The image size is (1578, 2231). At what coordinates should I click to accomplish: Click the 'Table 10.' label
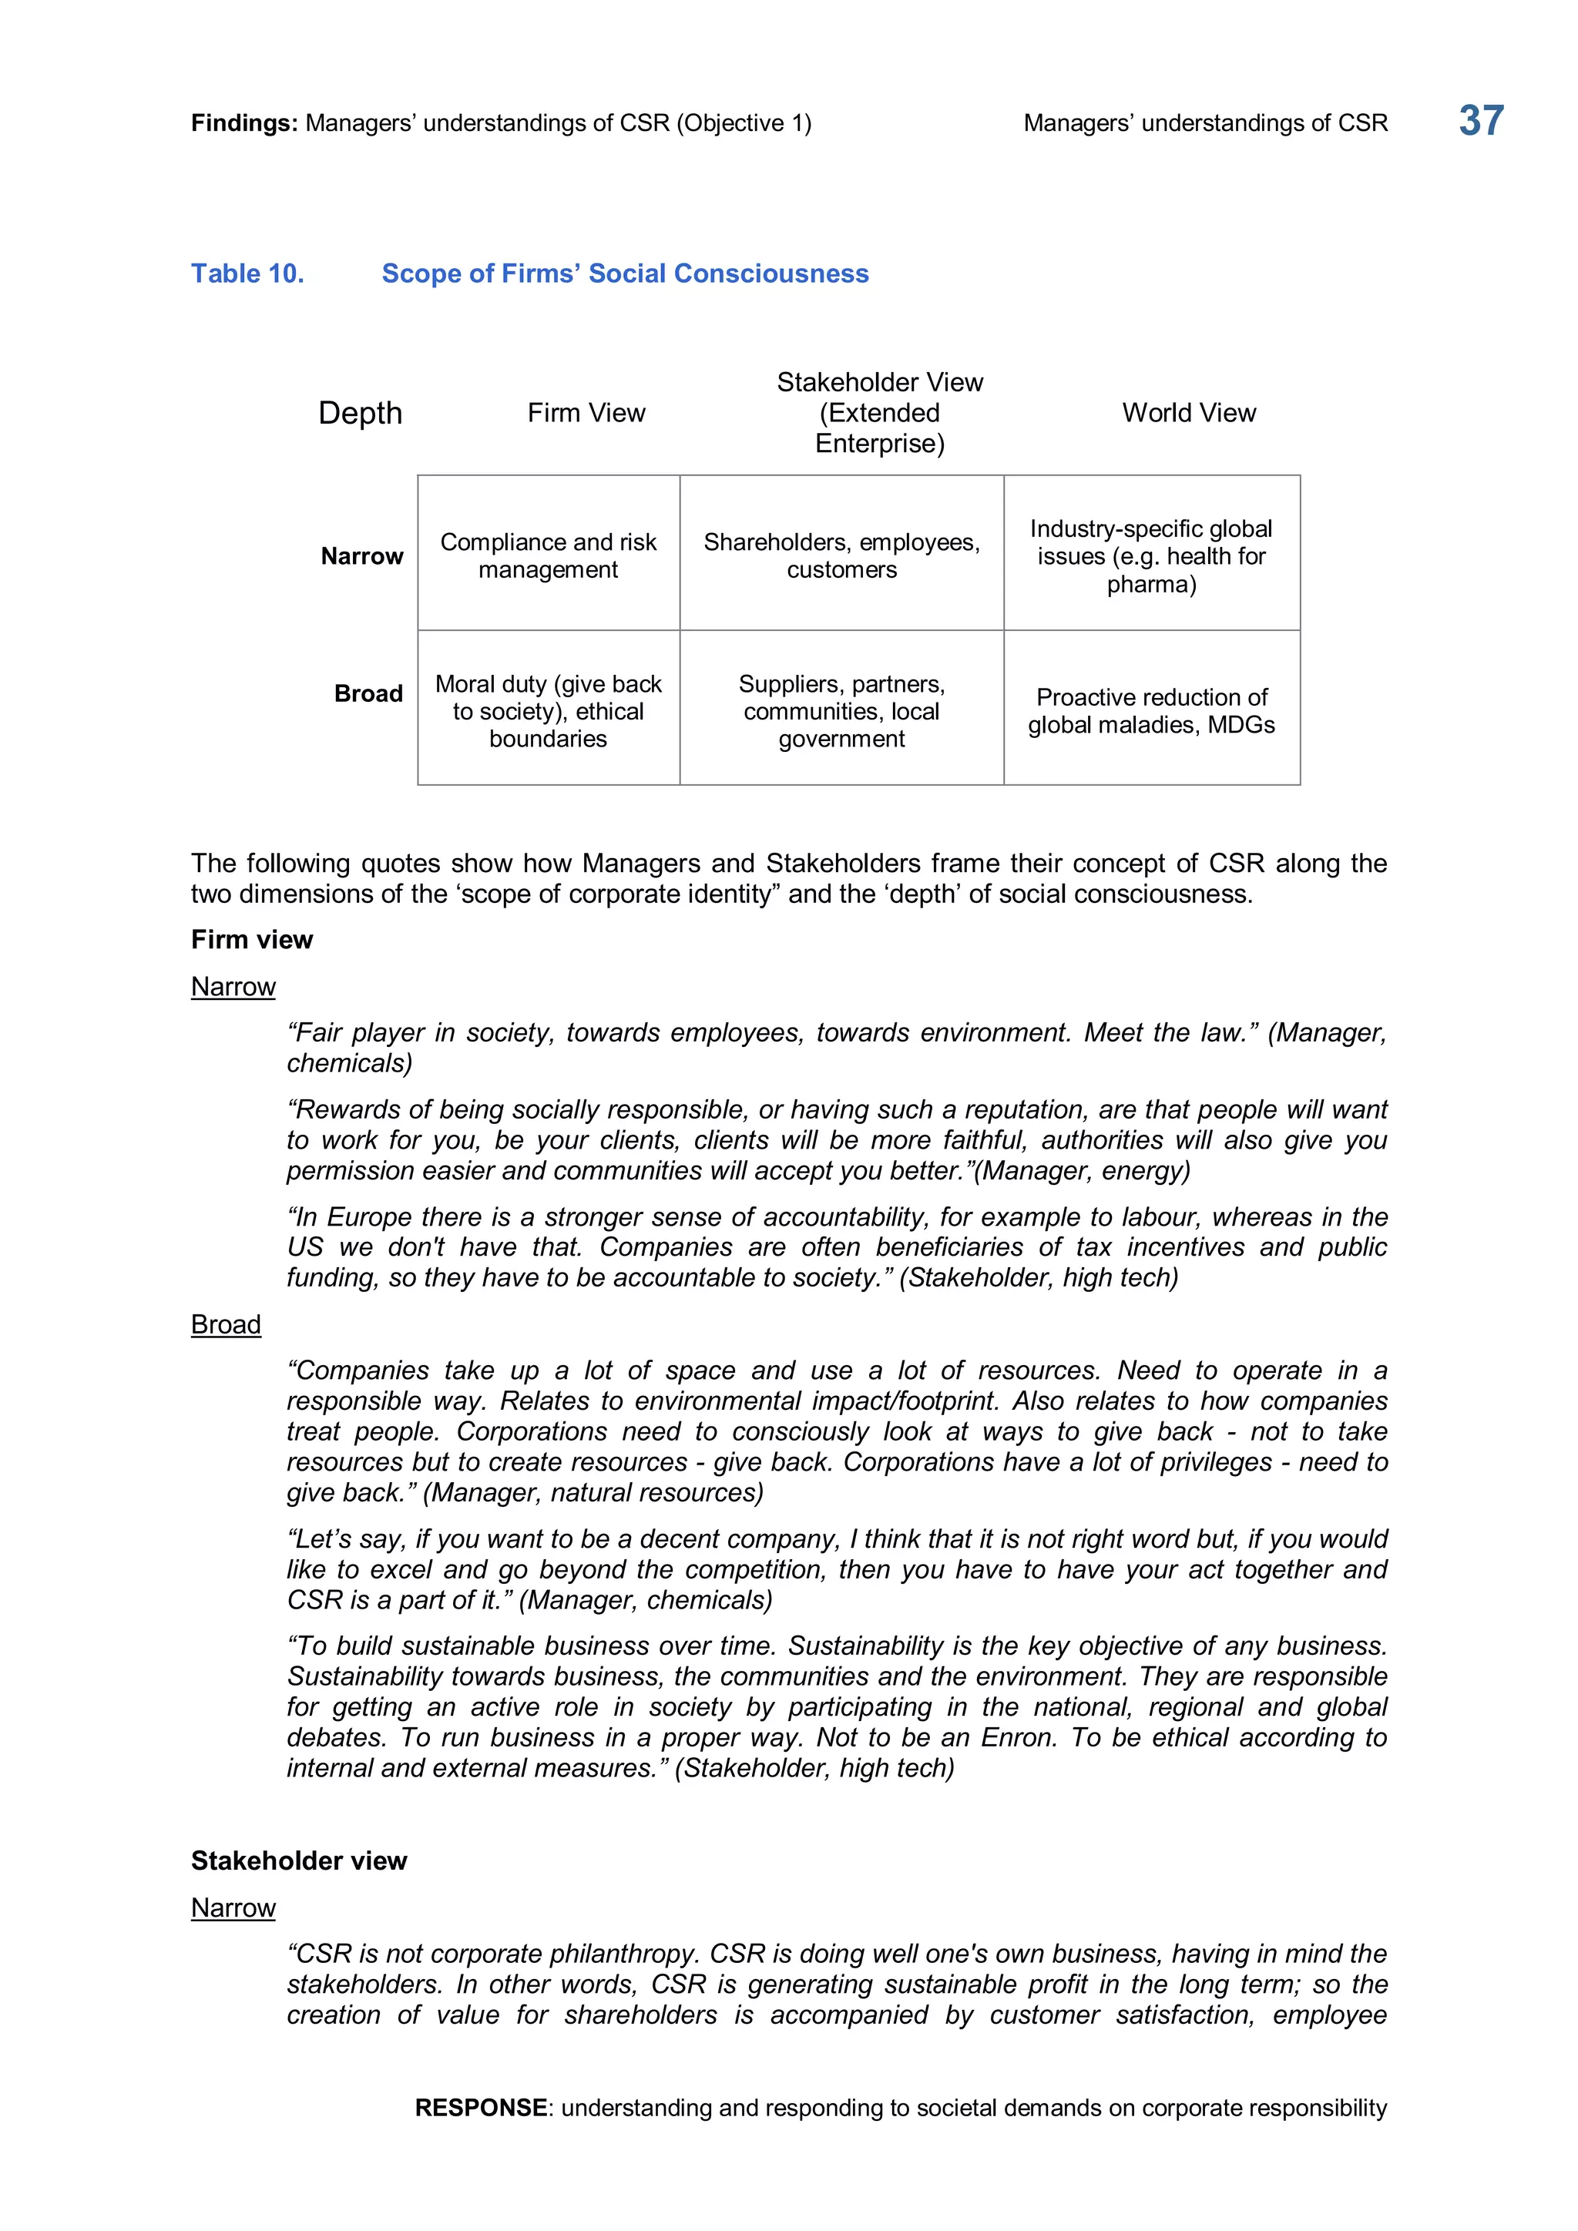[247, 274]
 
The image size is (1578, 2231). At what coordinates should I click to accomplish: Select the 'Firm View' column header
[586, 413]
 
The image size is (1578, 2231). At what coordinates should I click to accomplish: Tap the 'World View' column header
[1188, 413]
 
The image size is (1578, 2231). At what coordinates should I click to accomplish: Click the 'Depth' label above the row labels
[360, 413]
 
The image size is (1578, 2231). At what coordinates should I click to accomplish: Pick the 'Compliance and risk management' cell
[548, 555]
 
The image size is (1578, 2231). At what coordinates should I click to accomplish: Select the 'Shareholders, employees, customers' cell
[841, 555]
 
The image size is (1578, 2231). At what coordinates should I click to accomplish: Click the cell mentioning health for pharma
[1151, 555]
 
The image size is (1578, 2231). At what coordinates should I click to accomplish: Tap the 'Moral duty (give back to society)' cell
[548, 710]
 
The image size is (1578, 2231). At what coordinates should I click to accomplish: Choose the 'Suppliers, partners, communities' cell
[841, 710]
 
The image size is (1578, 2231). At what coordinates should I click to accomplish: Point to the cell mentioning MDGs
[1151, 710]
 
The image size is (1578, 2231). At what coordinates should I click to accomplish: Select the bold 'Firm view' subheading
[252, 940]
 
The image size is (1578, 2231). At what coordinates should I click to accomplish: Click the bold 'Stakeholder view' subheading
[298, 1860]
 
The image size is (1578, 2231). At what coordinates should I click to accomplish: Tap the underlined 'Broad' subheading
[226, 1324]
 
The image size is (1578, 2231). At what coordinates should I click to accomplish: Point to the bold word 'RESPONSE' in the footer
[480, 2107]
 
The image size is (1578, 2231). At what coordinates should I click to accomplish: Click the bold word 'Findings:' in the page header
[244, 123]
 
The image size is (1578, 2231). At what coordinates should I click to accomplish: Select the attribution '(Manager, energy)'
[1082, 1171]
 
